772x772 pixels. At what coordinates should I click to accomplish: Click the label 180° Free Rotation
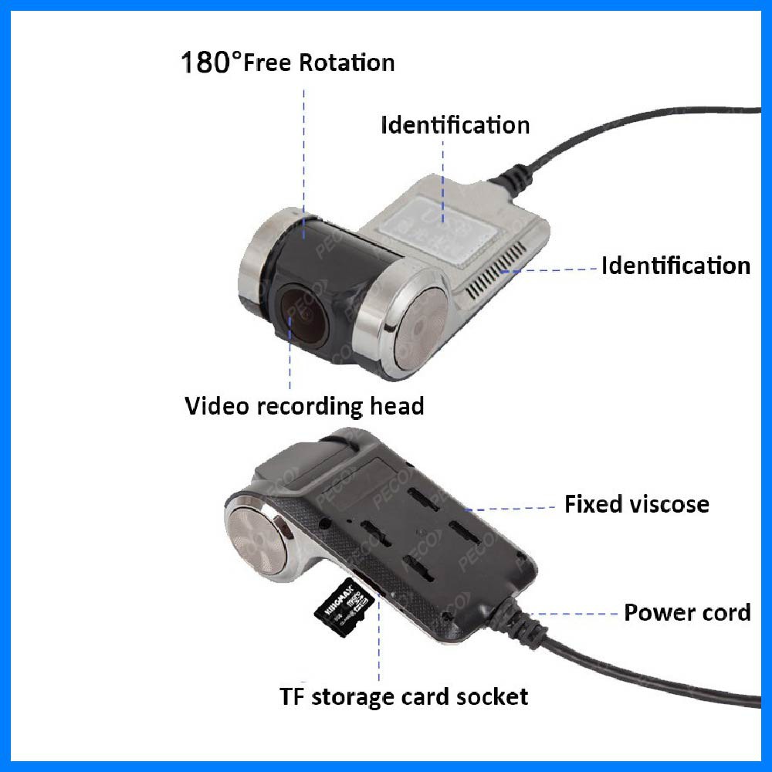pos(287,62)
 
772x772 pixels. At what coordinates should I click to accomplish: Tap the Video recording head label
pos(304,405)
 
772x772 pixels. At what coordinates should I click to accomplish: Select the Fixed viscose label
pos(636,505)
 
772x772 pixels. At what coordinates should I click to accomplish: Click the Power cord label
pos(687,613)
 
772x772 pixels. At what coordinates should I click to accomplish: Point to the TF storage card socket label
pos(404,696)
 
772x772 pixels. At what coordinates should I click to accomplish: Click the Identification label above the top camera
pos(455,125)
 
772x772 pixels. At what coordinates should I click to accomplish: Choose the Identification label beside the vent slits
pos(675,266)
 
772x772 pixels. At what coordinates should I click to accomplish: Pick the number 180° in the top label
pos(206,63)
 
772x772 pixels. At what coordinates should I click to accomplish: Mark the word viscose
pos(668,505)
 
